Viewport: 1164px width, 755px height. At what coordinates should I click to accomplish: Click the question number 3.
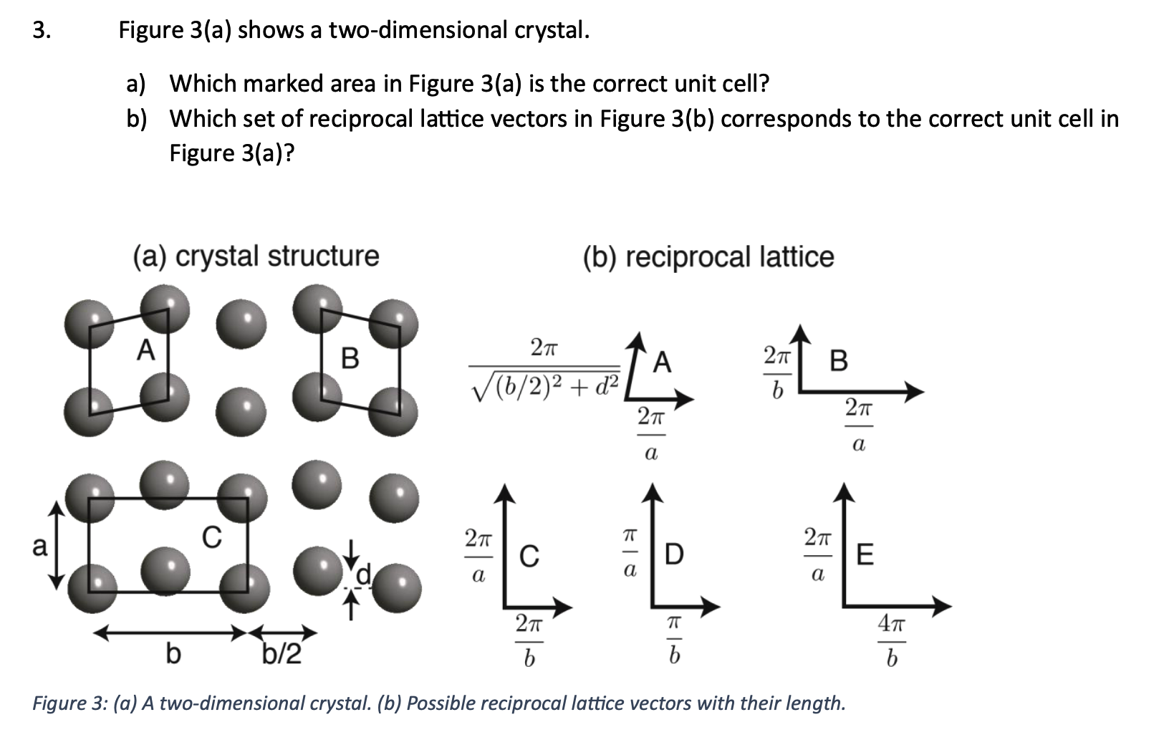pos(42,31)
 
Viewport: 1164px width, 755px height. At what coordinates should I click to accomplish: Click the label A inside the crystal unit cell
pos(146,350)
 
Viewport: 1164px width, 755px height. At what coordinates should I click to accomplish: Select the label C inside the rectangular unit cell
pos(211,536)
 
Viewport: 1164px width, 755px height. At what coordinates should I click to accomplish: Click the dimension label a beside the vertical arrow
pos(40,547)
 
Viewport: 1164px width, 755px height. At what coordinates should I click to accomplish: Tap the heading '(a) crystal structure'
pos(256,256)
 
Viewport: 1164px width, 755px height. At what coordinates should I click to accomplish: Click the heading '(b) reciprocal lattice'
pos(708,256)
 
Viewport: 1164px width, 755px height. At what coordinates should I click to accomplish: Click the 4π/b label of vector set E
pos(892,643)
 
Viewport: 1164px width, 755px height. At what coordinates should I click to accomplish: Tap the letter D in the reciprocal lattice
pos(674,553)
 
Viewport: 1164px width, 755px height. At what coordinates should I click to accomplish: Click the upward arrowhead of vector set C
pos(506,492)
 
